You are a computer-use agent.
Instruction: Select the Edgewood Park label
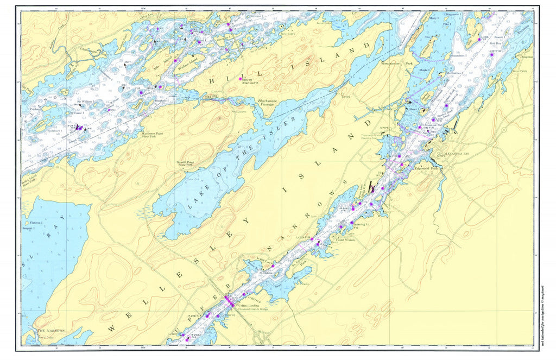coord(426,169)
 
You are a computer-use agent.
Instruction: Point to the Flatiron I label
coord(36,223)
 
